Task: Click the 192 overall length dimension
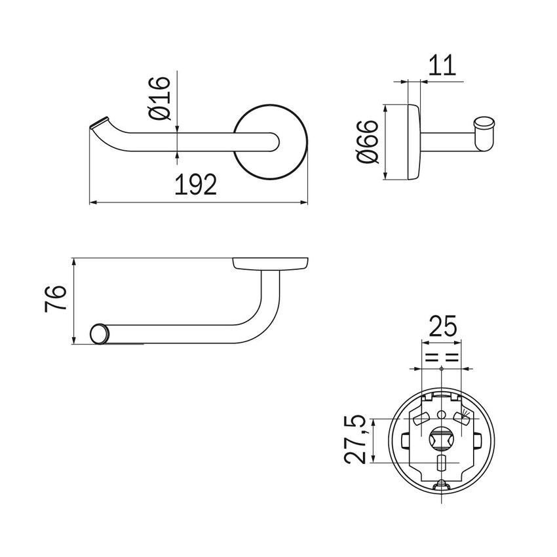coord(195,185)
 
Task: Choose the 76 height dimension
coord(56,299)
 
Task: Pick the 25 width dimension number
coord(442,326)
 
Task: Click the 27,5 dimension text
coord(356,440)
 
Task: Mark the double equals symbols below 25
coord(442,358)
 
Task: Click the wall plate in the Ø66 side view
coord(413,142)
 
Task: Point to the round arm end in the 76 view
coord(100,333)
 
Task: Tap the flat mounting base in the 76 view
coord(271,263)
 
